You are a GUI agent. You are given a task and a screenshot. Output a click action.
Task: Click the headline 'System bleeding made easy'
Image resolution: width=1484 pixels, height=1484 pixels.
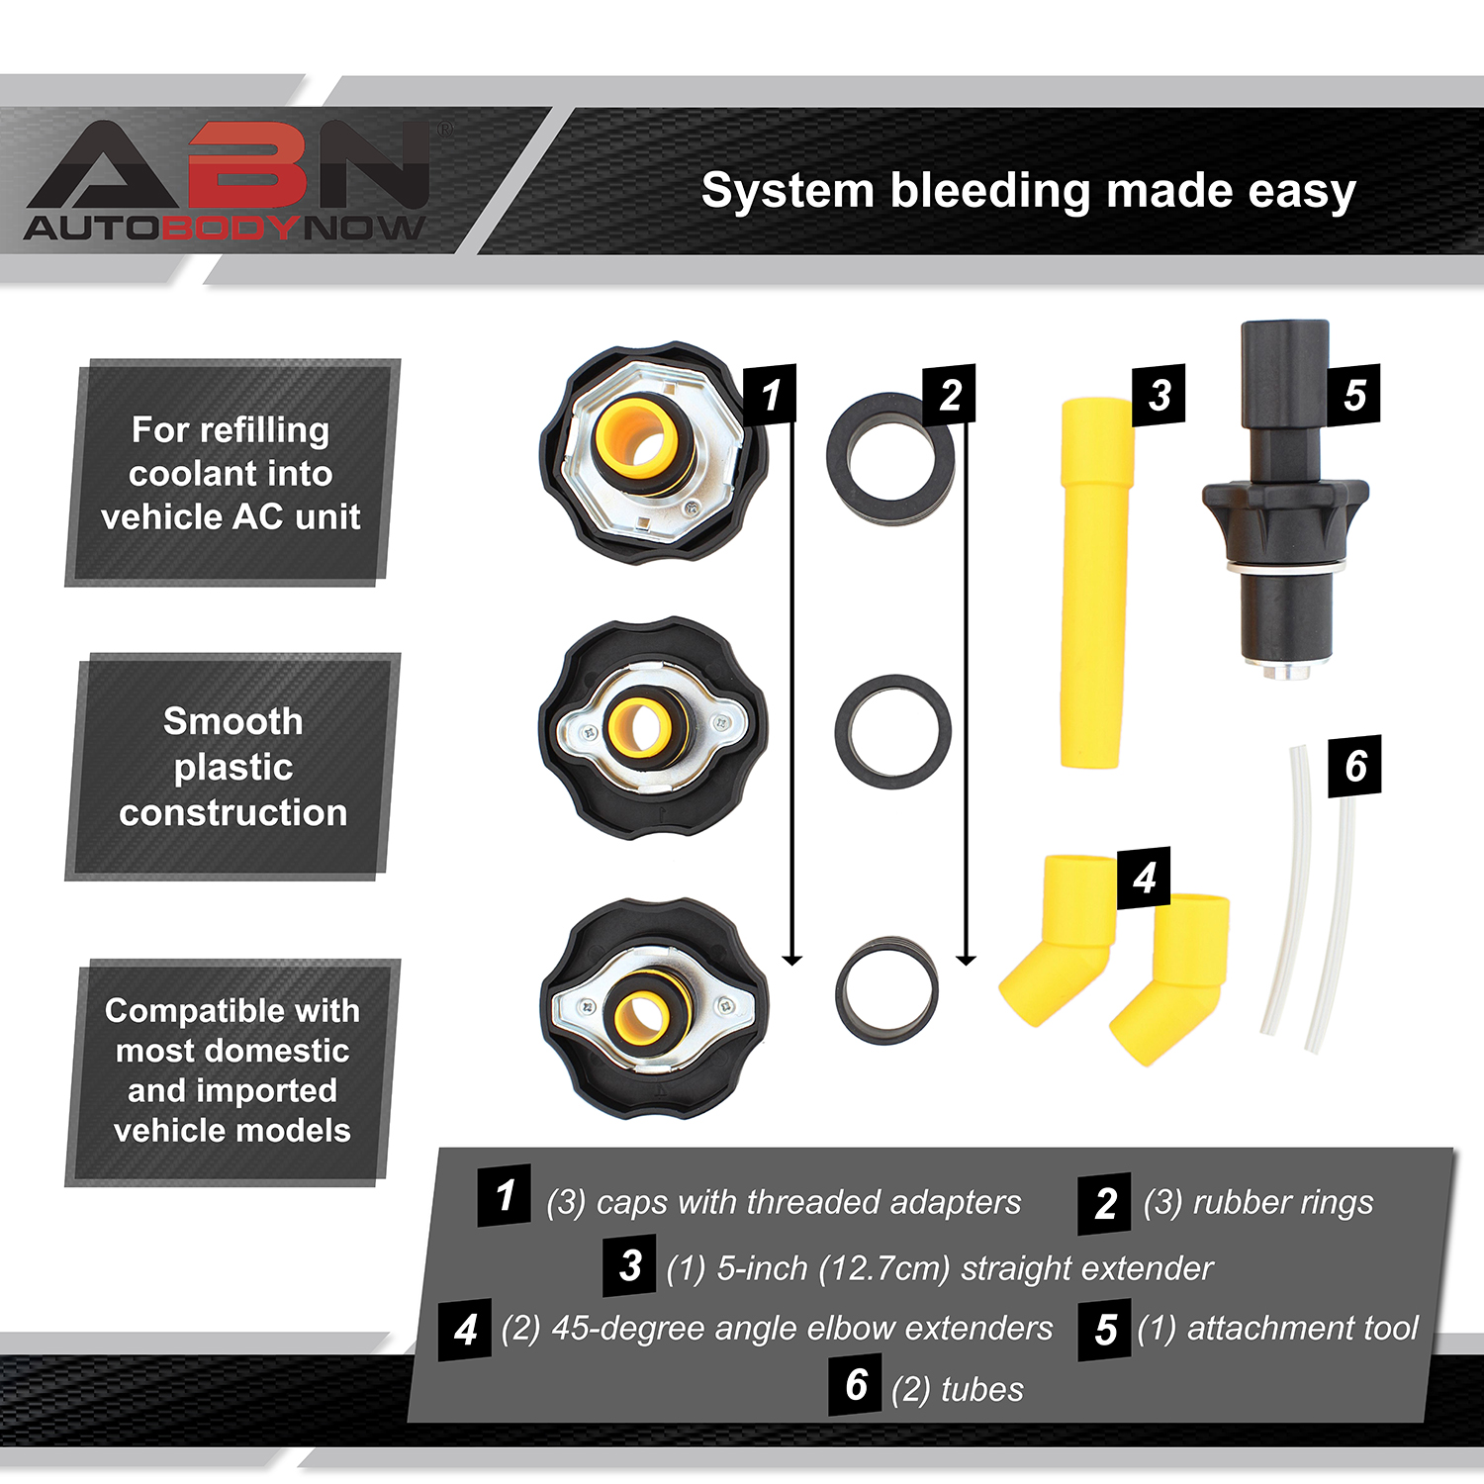coord(1028,190)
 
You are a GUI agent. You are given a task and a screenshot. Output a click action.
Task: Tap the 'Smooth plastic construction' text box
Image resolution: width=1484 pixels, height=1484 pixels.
coord(233,767)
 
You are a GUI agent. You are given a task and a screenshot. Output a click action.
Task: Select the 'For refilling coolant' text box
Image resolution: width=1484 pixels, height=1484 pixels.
coord(232,473)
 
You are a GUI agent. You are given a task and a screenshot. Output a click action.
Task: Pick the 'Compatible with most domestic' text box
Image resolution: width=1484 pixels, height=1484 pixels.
coord(232,1070)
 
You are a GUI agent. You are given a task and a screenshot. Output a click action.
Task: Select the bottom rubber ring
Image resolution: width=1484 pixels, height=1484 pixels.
coord(886,990)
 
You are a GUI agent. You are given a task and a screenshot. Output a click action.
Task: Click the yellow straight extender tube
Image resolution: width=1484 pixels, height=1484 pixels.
coord(1094,584)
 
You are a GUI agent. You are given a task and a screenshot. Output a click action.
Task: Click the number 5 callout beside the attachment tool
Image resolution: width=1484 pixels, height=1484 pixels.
coord(1354,395)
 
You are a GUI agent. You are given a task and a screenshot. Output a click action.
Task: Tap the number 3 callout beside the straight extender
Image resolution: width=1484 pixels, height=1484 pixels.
coord(1159,396)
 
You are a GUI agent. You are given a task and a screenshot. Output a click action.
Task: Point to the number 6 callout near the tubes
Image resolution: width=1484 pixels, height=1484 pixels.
coord(1354,765)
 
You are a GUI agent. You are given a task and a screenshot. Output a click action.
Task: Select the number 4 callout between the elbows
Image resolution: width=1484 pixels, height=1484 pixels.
coord(1144,878)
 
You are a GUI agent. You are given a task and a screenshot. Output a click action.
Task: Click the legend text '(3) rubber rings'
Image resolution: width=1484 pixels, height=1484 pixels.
coord(1257,1202)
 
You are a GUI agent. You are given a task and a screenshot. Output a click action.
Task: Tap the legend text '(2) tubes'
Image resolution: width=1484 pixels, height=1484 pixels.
coord(957,1389)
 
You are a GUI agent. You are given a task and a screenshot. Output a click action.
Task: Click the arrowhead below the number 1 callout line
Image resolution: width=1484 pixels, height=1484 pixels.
coord(791,959)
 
